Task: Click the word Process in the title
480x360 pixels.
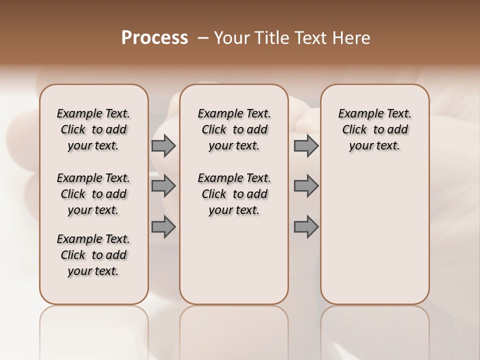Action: coord(154,38)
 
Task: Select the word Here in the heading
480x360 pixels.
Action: coord(352,38)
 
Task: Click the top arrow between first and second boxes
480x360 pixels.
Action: coord(163,145)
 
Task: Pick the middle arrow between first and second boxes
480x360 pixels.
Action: coord(163,186)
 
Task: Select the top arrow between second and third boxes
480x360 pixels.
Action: coord(306,145)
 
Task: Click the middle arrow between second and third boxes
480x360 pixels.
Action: coord(306,186)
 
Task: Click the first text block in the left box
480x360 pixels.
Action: coord(93,129)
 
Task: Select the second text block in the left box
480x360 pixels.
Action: coord(93,194)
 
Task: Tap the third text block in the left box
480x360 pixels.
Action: coord(93,255)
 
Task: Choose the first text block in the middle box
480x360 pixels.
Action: coord(234,129)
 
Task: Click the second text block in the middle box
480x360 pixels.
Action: coord(234,194)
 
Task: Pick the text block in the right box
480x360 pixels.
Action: coord(375,129)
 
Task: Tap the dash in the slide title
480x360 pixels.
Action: coord(202,38)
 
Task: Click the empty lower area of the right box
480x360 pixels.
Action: coord(375,235)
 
